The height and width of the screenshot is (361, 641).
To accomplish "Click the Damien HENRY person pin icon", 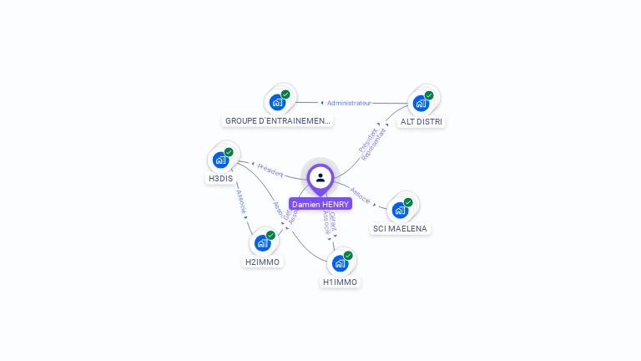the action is click(320, 177).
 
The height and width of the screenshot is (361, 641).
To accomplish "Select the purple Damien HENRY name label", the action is click(320, 204).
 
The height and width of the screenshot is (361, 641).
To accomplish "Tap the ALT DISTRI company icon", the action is click(421, 103).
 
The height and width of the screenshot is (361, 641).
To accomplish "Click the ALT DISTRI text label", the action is click(421, 122).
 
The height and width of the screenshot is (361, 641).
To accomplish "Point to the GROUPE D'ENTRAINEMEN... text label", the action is click(278, 121).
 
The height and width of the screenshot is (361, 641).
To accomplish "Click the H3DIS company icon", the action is click(220, 160).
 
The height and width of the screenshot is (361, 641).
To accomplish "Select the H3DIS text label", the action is click(220, 179).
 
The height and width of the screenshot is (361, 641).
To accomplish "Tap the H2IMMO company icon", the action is click(263, 242).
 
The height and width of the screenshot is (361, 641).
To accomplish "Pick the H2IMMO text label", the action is click(263, 262).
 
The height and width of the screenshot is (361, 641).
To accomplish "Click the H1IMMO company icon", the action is click(340, 262).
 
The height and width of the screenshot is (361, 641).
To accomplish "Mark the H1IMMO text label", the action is click(341, 282).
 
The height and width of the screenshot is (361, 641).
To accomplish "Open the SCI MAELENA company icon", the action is click(401, 209).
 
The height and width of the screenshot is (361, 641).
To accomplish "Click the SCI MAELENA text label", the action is click(401, 229).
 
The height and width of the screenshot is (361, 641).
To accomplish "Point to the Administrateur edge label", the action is click(349, 103).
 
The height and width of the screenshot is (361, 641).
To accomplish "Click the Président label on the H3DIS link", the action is click(270, 170).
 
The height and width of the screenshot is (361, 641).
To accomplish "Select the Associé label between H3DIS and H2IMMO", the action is click(240, 201).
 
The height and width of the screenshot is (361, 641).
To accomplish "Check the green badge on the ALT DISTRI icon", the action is click(429, 95).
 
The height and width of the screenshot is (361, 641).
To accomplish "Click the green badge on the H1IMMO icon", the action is click(348, 255).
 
